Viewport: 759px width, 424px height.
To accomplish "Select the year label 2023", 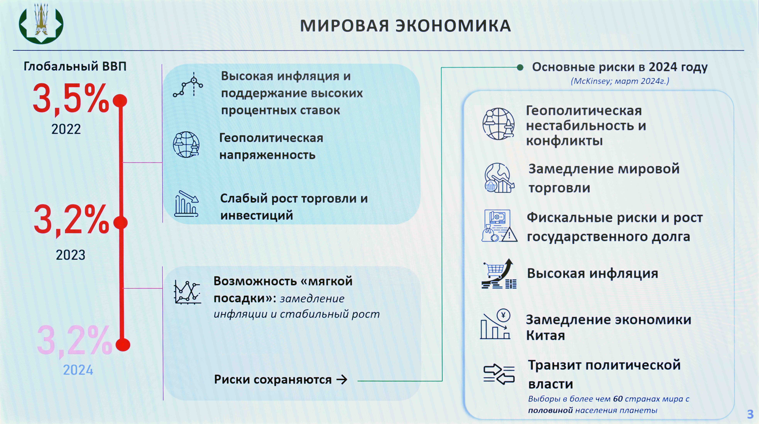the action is (71, 255).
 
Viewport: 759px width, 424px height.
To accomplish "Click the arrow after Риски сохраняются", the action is (342, 380).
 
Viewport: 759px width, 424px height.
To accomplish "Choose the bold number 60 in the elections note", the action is (618, 399).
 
